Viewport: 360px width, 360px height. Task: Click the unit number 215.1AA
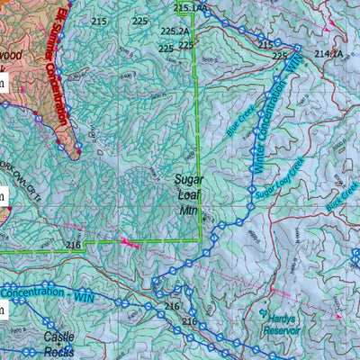pos(191,8)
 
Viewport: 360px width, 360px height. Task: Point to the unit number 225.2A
pos(175,31)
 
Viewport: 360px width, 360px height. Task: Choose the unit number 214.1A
pos(329,55)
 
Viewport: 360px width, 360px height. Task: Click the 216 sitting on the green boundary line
pos(74,245)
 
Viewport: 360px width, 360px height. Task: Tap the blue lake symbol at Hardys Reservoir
pos(263,314)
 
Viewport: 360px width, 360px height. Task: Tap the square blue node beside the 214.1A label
pos(299,48)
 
